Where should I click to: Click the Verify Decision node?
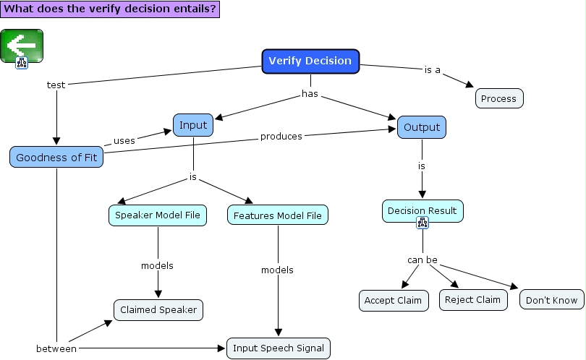pyautogui.click(x=310, y=61)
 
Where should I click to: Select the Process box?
pyautogui.click(x=499, y=98)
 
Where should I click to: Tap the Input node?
pyautogui.click(x=193, y=125)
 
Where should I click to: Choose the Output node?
pyautogui.click(x=422, y=127)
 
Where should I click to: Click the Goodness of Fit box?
pyautogui.click(x=56, y=157)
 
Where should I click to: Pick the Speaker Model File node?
pyautogui.click(x=158, y=215)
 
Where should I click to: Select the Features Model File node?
pyautogui.click(x=278, y=215)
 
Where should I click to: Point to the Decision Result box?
pyautogui.click(x=422, y=210)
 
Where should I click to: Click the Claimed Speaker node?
pyautogui.click(x=158, y=310)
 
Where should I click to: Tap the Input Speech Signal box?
pyautogui.click(x=279, y=347)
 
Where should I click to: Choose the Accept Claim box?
pyautogui.click(x=394, y=300)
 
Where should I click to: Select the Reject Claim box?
pyautogui.click(x=472, y=299)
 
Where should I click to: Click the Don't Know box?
pyautogui.click(x=551, y=300)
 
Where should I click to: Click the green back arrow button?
pyautogui.click(x=22, y=45)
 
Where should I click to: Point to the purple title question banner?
pyautogui.click(x=109, y=9)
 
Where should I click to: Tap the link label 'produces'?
pyautogui.click(x=281, y=136)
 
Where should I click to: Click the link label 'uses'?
pyautogui.click(x=124, y=141)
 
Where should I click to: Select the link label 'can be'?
pyautogui.click(x=422, y=260)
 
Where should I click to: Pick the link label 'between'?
pyautogui.click(x=56, y=348)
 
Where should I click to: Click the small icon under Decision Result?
pyautogui.click(x=422, y=223)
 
